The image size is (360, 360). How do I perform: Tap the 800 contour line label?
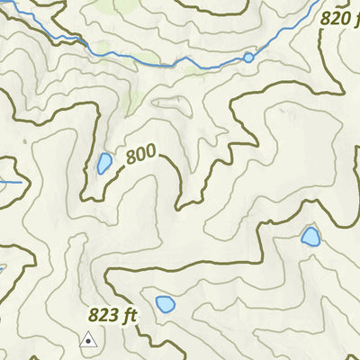coord(142,157)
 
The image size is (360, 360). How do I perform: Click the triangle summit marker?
coord(88,340)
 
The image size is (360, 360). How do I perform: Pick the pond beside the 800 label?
coord(104,164)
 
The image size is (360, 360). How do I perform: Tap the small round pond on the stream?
coord(248,58)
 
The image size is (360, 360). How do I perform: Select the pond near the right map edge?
coord(310,237)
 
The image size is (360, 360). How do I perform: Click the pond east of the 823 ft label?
coord(165,304)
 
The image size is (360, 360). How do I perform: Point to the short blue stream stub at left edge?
coord(11,183)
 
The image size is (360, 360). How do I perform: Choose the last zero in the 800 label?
coord(153,154)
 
